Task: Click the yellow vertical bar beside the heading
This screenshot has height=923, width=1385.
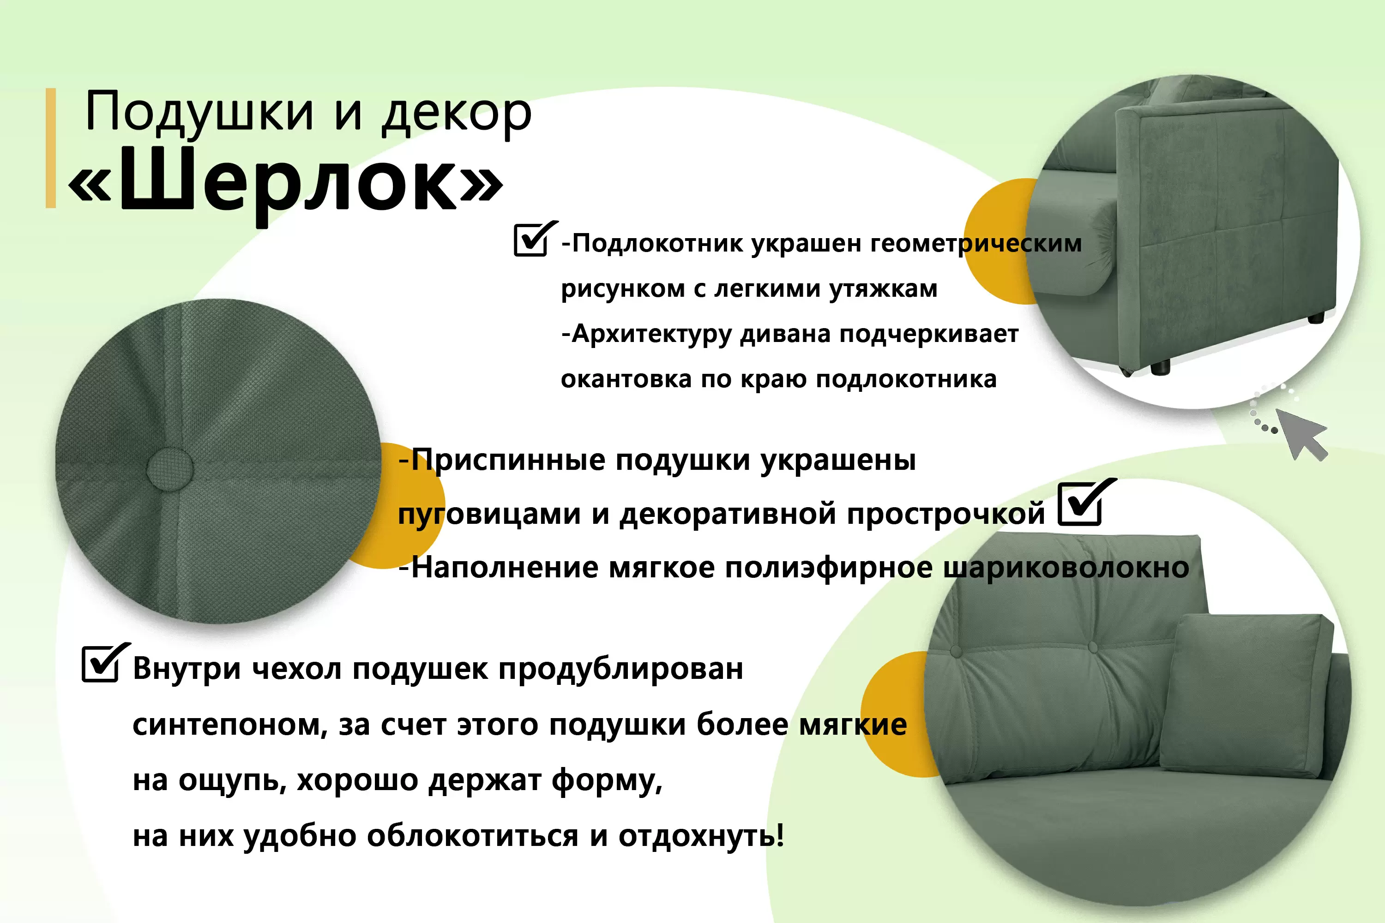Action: tap(51, 148)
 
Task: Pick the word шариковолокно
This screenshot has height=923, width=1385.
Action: tap(1066, 569)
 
